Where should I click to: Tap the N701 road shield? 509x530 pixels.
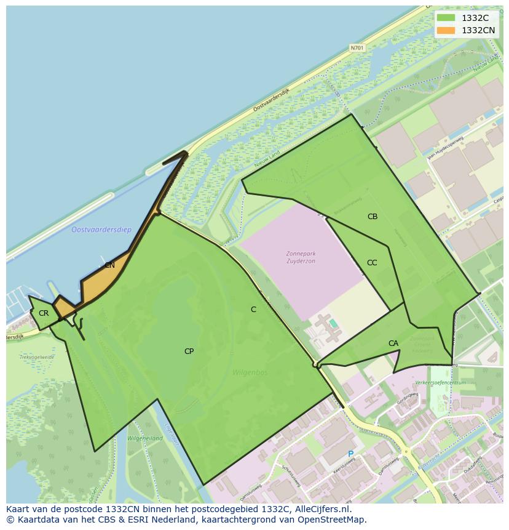point(357,47)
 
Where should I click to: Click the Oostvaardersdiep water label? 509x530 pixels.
point(101,230)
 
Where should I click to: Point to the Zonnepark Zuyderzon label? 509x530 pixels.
point(301,257)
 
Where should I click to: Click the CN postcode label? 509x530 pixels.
point(109,265)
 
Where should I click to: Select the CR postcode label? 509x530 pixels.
point(43,313)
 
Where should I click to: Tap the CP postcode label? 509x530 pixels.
point(189,351)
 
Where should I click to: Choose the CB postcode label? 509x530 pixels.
point(372,217)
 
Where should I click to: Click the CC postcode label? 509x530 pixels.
point(371,263)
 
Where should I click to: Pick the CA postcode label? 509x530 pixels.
point(393,343)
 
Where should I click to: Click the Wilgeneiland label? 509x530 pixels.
point(144,438)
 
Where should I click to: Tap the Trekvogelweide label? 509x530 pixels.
point(37,357)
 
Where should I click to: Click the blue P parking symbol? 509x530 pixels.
point(351,454)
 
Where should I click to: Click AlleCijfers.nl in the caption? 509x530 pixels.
point(322,509)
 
